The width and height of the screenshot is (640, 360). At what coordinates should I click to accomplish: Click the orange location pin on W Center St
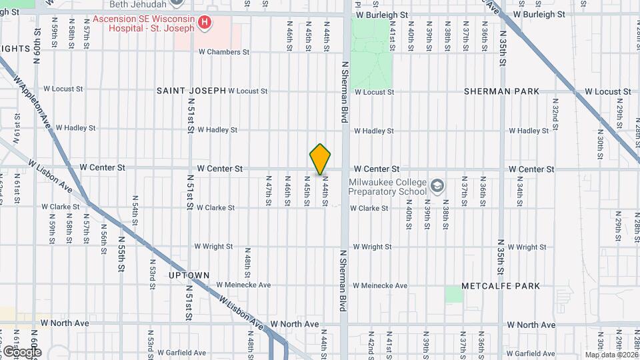pos(320,159)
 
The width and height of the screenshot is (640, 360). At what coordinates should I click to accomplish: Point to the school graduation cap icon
pos(437,186)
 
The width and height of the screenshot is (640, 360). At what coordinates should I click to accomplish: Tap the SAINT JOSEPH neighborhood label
pos(191,91)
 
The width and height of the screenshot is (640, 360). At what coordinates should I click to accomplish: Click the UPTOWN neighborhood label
pos(189,275)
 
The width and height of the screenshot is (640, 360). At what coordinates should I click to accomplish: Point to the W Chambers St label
pos(224,52)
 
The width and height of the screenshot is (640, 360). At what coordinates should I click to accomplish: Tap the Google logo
pos(21,351)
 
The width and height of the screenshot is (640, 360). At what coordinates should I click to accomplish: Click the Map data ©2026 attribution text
pos(611,355)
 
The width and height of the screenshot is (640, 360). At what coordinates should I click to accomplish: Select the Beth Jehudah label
pos(143,4)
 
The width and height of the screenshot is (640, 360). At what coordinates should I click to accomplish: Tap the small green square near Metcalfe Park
pos(454,294)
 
